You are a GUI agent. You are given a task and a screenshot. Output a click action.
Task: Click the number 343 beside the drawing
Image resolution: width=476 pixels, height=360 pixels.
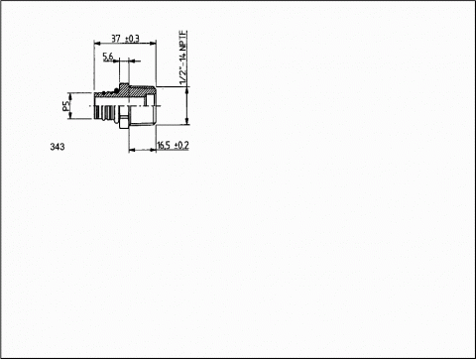coord(58,147)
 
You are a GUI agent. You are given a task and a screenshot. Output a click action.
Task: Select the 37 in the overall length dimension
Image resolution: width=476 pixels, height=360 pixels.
coord(116,39)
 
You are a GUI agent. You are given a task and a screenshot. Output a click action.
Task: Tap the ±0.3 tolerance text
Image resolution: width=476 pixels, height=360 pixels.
coord(132,39)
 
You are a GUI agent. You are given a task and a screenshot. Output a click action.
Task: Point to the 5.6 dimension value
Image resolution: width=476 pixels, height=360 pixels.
coord(108,57)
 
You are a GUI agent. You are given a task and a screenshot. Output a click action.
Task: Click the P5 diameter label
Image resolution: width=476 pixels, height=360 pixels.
coord(66,106)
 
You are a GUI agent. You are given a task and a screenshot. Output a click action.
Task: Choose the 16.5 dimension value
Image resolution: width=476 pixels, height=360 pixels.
coord(164,145)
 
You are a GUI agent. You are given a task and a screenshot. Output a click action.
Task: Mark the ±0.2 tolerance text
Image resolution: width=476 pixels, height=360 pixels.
coord(181,145)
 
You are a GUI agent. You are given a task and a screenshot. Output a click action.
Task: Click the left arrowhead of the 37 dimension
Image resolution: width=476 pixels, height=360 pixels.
coord(97,43)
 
